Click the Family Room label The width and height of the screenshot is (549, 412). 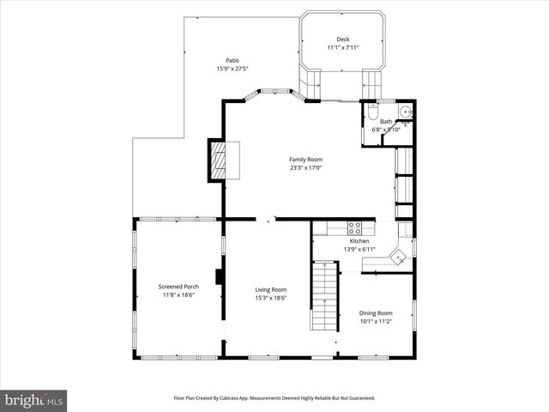(305, 160)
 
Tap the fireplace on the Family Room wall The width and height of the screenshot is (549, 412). (218, 160)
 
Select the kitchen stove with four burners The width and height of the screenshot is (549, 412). (354, 227)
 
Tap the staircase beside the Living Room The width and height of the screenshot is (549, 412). (324, 297)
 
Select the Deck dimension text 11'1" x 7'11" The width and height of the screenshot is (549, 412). (342, 47)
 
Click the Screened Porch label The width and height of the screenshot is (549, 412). (179, 287)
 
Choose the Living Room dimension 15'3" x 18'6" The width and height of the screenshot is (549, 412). (270, 298)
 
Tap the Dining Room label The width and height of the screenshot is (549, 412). (376, 312)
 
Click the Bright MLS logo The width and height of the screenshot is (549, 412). (34, 399)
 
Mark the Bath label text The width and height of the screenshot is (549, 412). (387, 122)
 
